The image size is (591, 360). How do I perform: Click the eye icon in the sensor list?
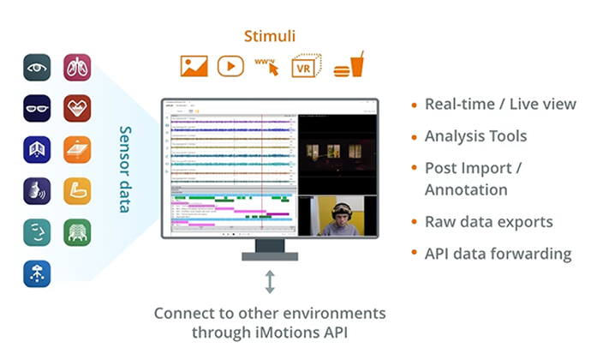coord(37,67)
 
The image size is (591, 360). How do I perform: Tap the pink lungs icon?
coord(77,67)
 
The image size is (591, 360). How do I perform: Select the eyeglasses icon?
coord(37,108)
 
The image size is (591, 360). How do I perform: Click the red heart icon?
coord(77,108)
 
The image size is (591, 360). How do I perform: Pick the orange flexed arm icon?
coord(77,191)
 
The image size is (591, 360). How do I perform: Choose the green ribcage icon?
coord(77,232)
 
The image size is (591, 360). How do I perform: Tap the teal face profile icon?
coord(37,232)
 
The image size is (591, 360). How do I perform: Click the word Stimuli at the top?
coord(270,37)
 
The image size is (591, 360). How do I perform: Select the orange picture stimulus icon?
coord(194,66)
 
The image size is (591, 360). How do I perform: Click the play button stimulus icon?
coord(230,66)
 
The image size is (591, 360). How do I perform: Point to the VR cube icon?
coord(306,66)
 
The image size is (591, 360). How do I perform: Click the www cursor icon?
coord(267,66)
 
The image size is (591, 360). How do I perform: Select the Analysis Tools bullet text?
coord(475,136)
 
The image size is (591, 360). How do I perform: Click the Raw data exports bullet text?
coord(488,222)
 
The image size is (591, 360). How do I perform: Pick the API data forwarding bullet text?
coord(498,254)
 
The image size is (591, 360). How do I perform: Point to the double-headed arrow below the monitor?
coord(270,281)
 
